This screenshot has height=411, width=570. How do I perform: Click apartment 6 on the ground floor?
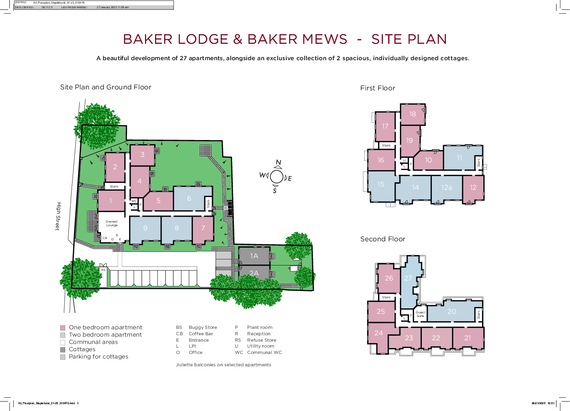pos(189,198)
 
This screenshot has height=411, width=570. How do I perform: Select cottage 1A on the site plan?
pos(254,256)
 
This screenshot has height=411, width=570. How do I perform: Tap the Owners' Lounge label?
pos(112,223)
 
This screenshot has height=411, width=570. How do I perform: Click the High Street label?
pos(58,217)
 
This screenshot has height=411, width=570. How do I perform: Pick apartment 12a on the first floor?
pos(446,187)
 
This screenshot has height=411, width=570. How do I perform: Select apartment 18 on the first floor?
pos(413,114)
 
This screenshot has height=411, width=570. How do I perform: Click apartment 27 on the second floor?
pos(408,278)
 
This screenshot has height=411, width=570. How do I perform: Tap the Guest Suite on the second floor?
pos(420,314)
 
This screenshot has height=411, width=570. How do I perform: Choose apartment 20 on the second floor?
pos(451,312)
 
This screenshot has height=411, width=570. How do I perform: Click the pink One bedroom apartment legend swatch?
pos(63,328)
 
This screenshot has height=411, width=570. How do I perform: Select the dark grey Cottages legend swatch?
pos(63,349)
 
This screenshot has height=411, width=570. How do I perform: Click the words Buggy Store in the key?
pos(202,328)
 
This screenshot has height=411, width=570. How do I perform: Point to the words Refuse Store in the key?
pos(261,340)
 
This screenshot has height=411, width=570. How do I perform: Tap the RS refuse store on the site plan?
pos(103,270)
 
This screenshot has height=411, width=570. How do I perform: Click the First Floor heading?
pos(378,88)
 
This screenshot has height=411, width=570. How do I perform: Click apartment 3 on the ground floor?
pos(142,155)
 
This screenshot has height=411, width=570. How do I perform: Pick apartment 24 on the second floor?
pos(378,333)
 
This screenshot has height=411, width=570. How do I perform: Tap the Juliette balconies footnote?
pos(223,365)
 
